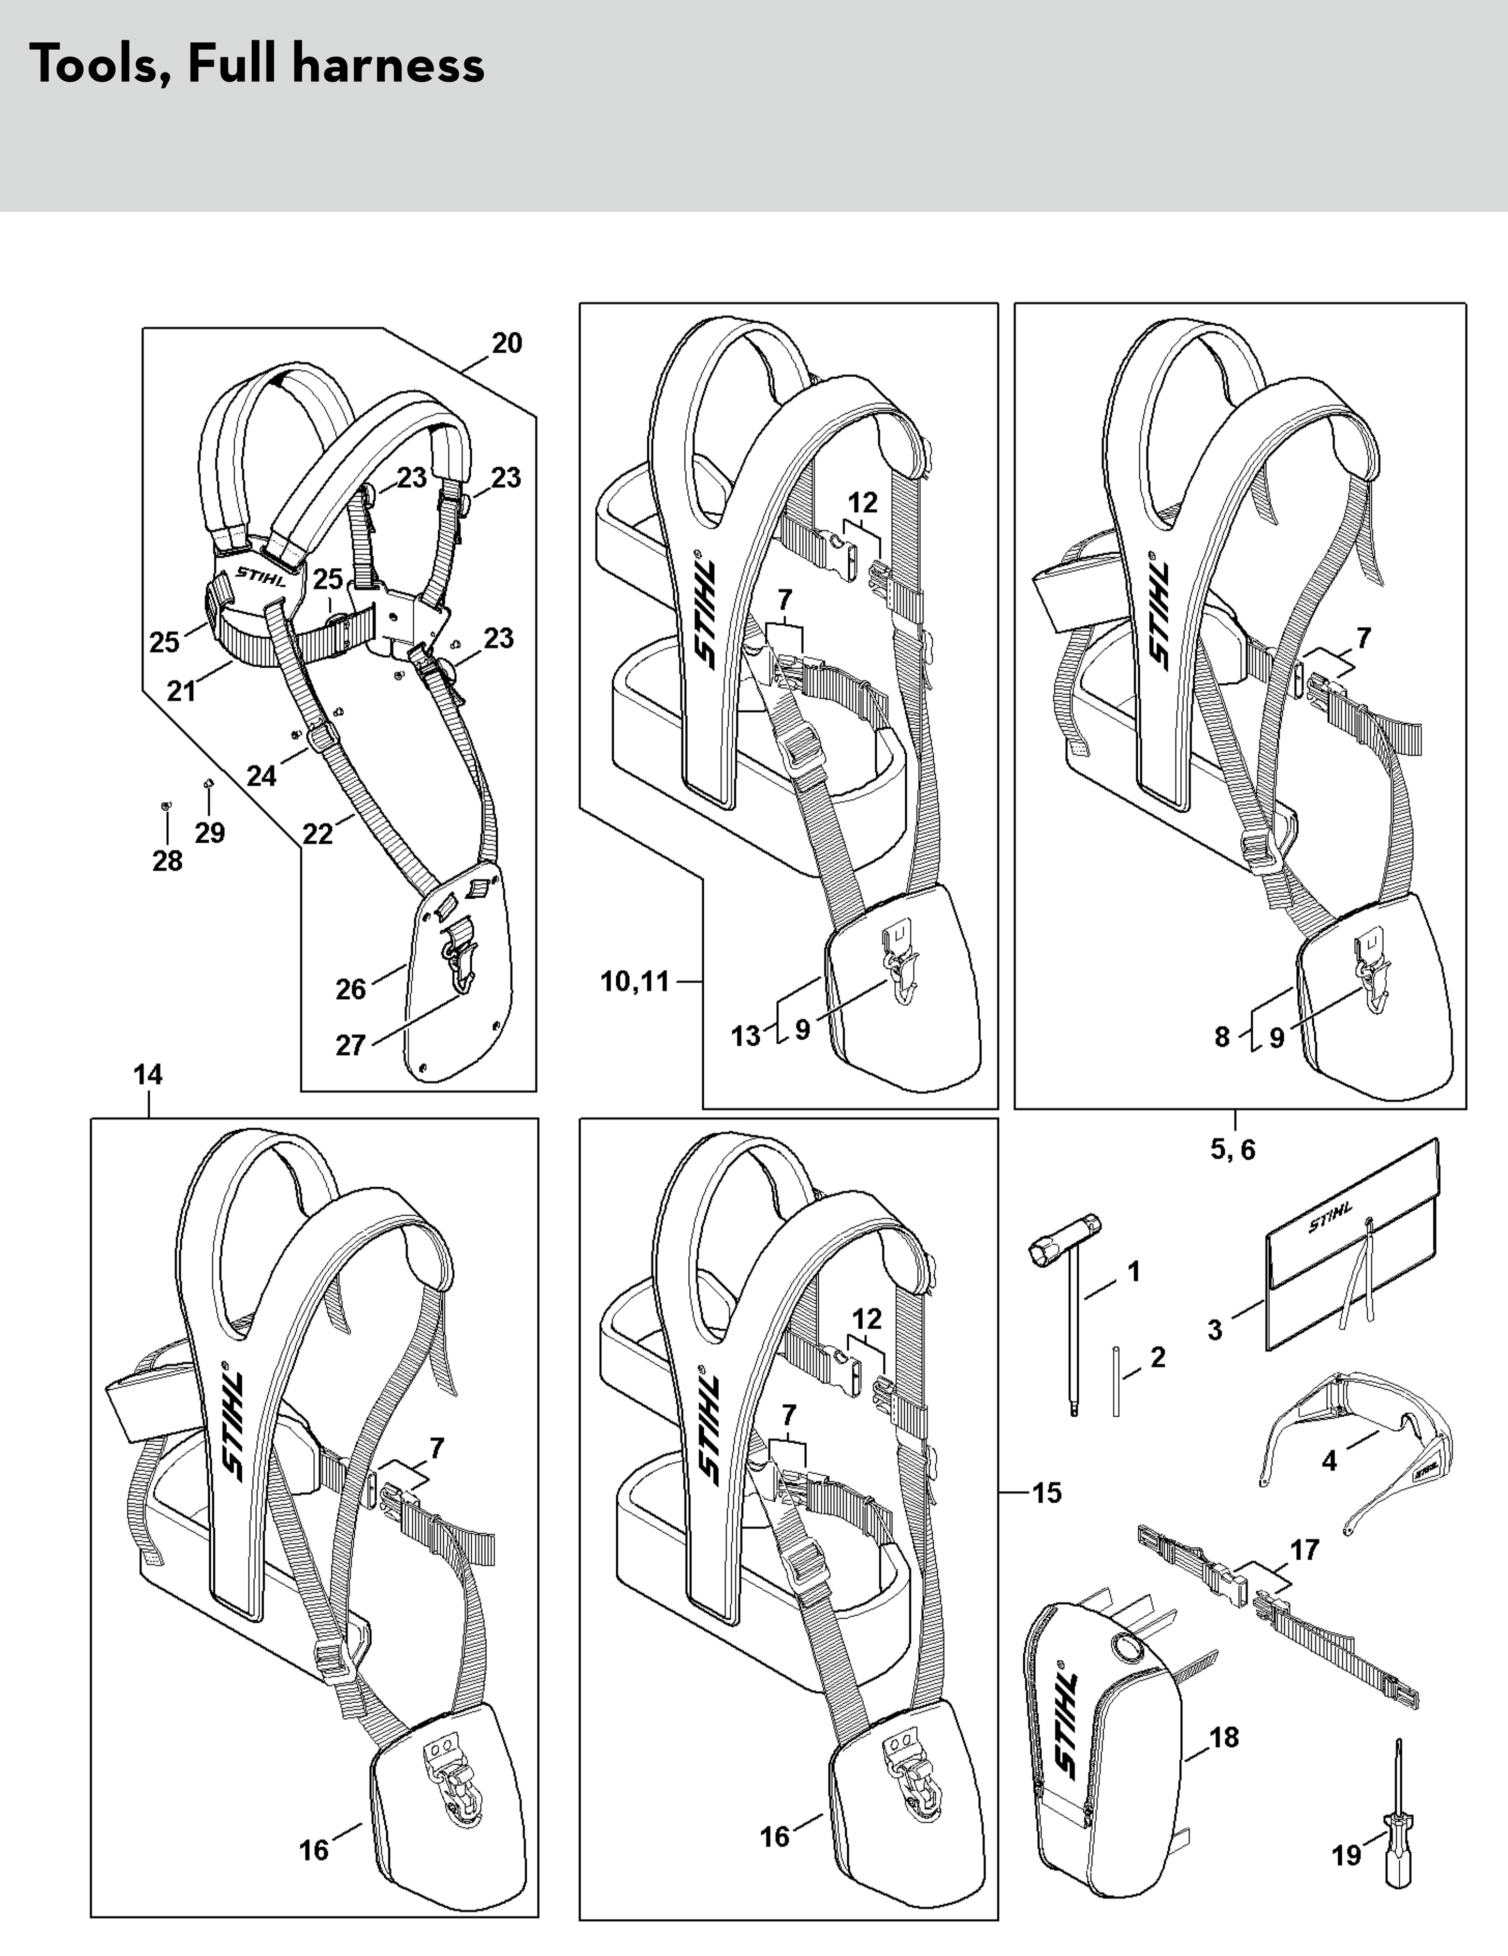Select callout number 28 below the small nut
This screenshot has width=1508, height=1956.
click(167, 861)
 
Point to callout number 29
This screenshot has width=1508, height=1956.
click(210, 833)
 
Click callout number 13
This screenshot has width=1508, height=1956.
click(746, 1035)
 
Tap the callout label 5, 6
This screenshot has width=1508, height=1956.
click(1233, 1149)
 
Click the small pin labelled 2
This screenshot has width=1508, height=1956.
click(1116, 1380)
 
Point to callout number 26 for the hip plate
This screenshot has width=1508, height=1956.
click(351, 989)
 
